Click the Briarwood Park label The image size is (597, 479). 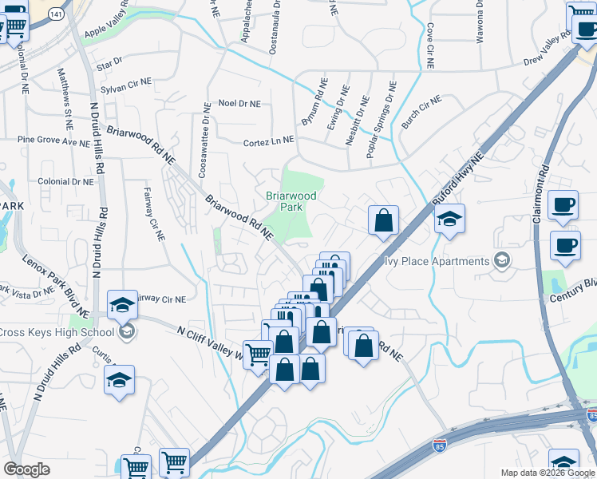coord(291,201)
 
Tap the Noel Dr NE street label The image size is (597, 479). coord(239,104)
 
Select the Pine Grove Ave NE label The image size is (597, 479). coord(53,141)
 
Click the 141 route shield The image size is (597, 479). coord(55,14)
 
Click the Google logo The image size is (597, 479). coord(26,469)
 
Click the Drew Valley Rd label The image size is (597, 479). coord(548,53)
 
